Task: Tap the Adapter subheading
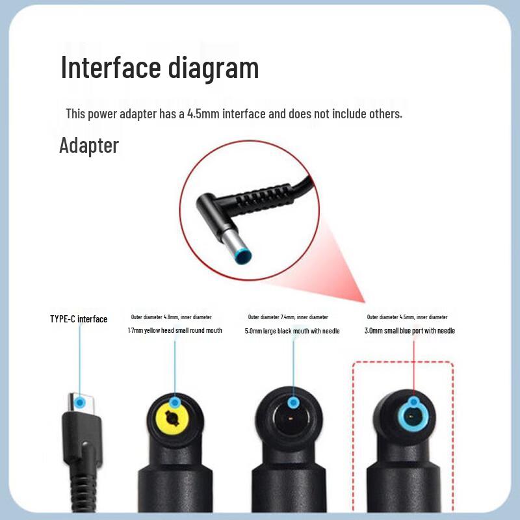[89, 145]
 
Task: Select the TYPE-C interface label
[79, 319]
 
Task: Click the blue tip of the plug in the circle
[243, 258]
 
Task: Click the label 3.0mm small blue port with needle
[409, 331]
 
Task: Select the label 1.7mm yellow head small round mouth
[175, 331]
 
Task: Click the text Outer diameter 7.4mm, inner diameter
[288, 317]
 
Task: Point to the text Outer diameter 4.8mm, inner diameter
[171, 317]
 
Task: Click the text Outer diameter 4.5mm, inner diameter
[407, 317]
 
